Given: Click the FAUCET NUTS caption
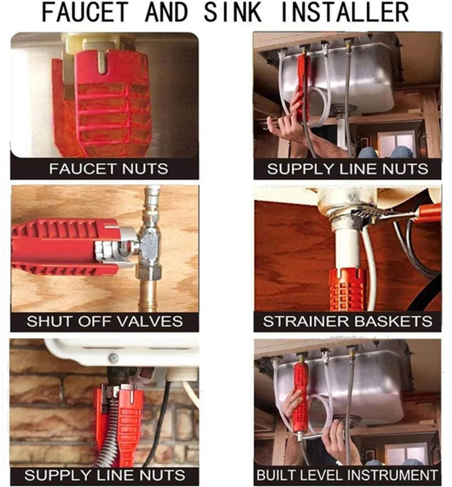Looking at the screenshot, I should [x=105, y=169].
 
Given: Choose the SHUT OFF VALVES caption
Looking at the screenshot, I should [x=105, y=321].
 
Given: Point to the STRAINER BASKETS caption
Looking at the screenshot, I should [x=347, y=321].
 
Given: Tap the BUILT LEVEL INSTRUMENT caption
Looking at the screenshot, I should [x=347, y=475].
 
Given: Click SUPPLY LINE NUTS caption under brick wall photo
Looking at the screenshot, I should [x=105, y=475].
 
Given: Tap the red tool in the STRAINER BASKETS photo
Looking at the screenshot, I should [x=347, y=288].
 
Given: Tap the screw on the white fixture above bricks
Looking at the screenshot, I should [x=114, y=357].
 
